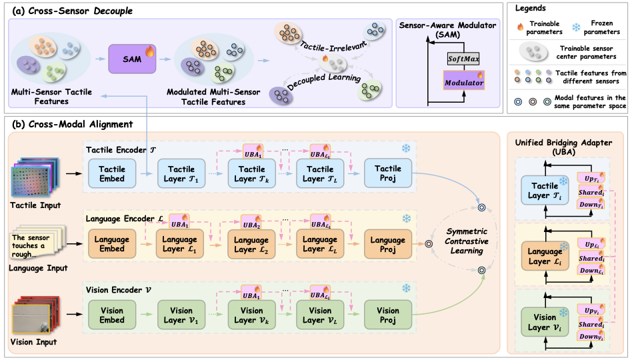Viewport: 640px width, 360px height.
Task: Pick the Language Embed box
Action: coord(112,245)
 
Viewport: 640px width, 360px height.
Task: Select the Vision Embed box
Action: coord(112,315)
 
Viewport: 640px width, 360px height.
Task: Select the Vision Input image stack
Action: coord(33,315)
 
